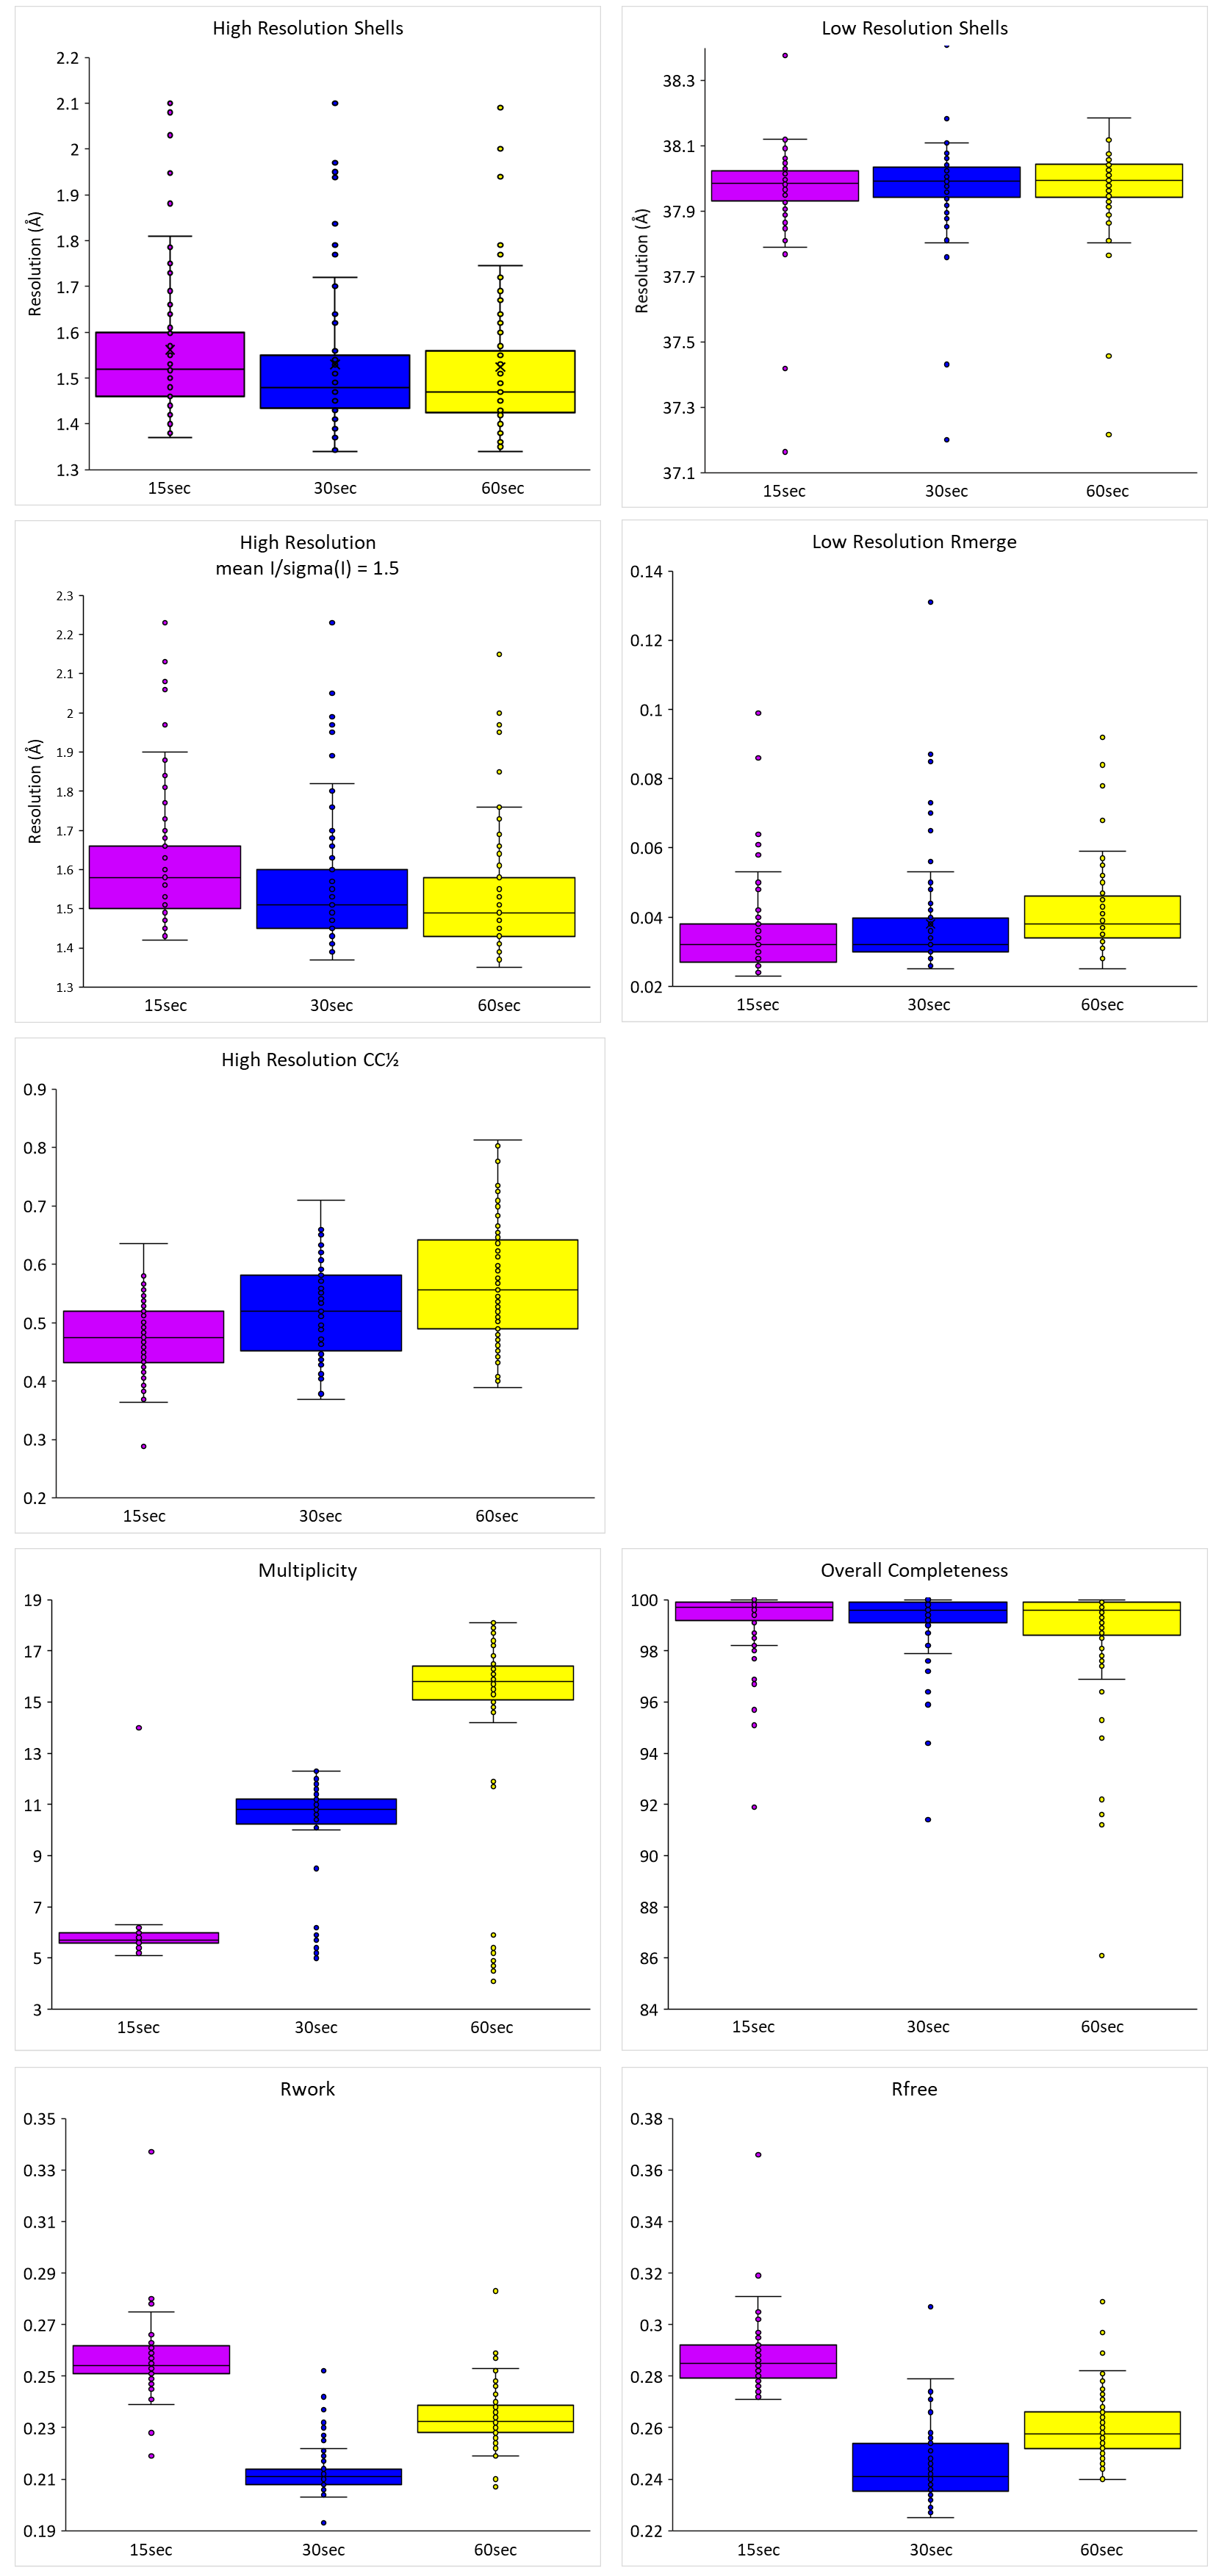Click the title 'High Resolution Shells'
(x=307, y=28)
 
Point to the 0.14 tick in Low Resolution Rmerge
(x=646, y=571)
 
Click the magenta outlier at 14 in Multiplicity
(x=139, y=1727)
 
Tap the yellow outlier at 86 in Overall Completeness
(x=1101, y=1955)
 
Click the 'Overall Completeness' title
(x=914, y=1570)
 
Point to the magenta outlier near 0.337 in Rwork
(x=151, y=2151)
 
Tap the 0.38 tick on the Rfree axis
(x=646, y=2118)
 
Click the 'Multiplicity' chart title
(x=307, y=1570)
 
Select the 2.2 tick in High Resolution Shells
(x=67, y=58)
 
